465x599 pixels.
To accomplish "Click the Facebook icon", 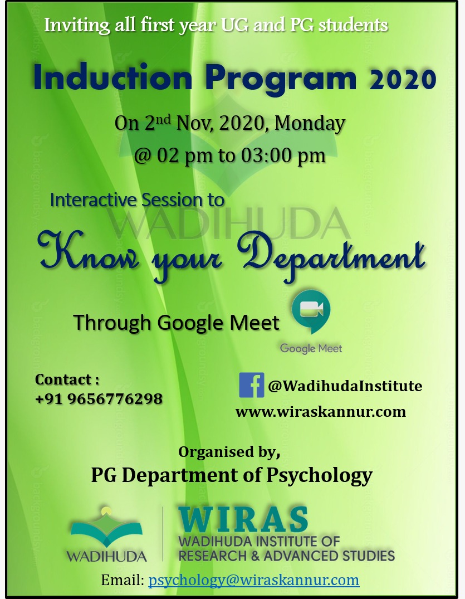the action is pos(251,385).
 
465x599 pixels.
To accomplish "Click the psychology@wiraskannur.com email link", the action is pos(253,580).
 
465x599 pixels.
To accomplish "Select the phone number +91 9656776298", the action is pos(99,399).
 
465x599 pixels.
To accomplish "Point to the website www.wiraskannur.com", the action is pos(321,412).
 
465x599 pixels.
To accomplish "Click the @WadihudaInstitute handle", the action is pos(345,386).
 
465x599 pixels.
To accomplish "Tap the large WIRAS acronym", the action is pos(243,519).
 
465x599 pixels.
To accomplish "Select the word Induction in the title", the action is pos(112,78).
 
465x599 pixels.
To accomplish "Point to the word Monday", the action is pos(310,123).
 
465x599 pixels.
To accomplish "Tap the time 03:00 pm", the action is pos(283,155).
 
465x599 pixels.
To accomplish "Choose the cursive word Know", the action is pos(88,254).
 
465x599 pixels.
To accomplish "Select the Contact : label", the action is pos(67,379).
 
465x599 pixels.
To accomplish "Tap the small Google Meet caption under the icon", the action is pos(311,348).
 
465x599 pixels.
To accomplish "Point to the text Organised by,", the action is pos(229,452).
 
